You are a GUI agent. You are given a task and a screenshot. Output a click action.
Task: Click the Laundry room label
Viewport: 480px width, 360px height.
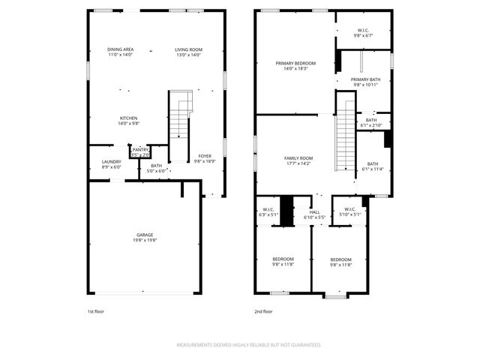click(111, 164)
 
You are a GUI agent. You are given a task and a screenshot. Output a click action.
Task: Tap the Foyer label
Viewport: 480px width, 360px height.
click(205, 158)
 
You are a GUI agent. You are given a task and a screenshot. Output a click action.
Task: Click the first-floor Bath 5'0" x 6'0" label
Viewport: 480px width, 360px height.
click(156, 168)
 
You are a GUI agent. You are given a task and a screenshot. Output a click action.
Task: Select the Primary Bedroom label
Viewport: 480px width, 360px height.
click(295, 66)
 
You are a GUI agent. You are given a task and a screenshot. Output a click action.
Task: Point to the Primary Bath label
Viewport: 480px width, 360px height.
click(365, 82)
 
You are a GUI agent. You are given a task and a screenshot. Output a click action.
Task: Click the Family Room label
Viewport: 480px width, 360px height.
click(298, 160)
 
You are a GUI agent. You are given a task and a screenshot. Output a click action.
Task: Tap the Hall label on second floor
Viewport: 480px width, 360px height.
click(314, 214)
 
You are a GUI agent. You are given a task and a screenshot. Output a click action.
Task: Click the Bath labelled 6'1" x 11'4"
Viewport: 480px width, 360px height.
click(372, 166)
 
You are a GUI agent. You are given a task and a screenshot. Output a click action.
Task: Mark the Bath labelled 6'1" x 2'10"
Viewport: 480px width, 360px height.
click(371, 122)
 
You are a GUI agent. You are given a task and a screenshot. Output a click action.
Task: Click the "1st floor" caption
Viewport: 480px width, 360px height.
click(95, 311)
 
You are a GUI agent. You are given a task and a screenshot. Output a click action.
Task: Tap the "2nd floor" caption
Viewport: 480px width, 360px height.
click(263, 311)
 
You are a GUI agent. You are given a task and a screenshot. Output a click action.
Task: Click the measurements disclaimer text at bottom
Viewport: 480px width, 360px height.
click(248, 345)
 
